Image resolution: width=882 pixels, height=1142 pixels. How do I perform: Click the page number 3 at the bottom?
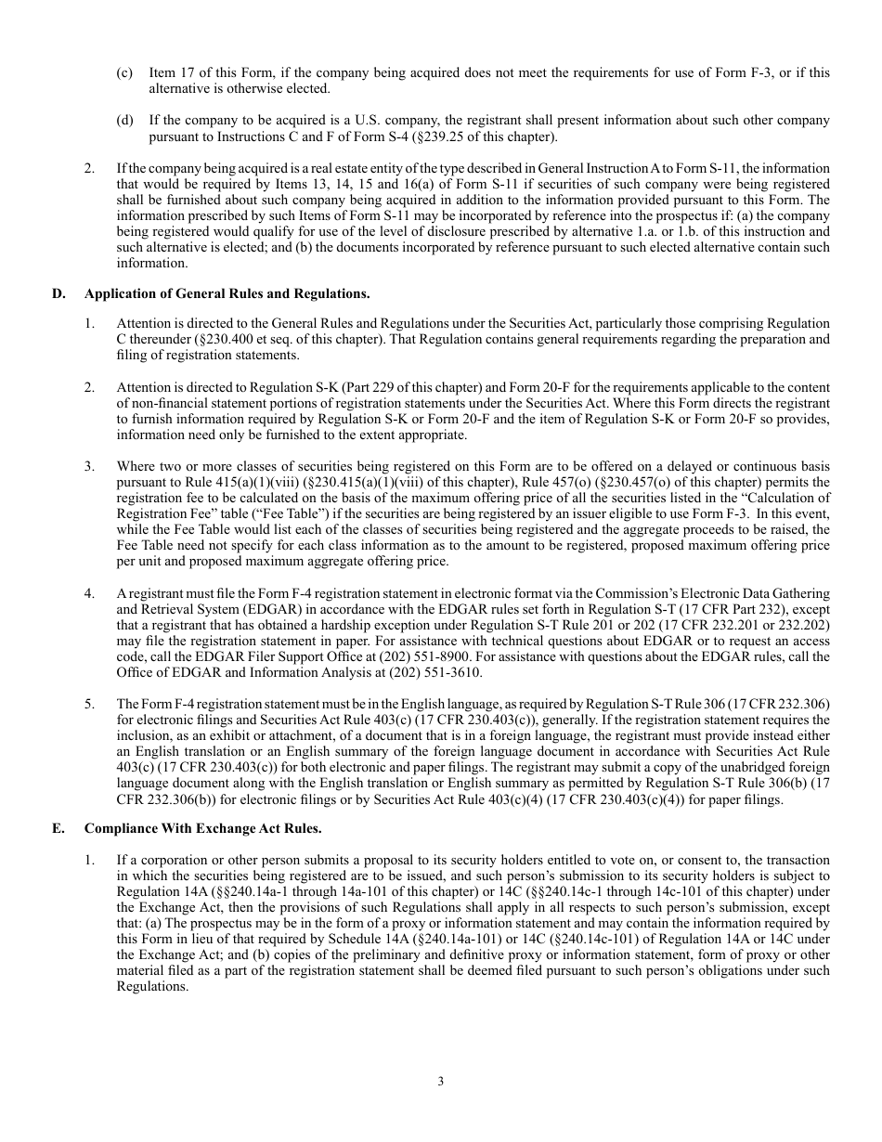click(x=441, y=1081)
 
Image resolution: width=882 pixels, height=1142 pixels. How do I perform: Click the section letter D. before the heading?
click(x=58, y=293)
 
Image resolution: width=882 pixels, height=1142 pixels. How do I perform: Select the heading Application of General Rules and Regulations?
click(x=227, y=293)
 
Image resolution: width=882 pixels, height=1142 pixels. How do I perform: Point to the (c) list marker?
click(x=124, y=72)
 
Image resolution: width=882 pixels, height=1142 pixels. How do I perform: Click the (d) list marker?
click(x=124, y=121)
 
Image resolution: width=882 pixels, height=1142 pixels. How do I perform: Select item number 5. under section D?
click(x=90, y=703)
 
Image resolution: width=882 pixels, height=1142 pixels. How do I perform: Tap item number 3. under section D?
click(x=90, y=465)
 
